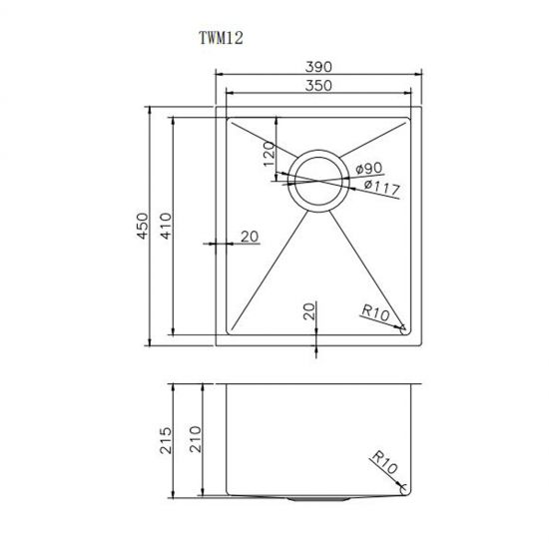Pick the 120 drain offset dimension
269,158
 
